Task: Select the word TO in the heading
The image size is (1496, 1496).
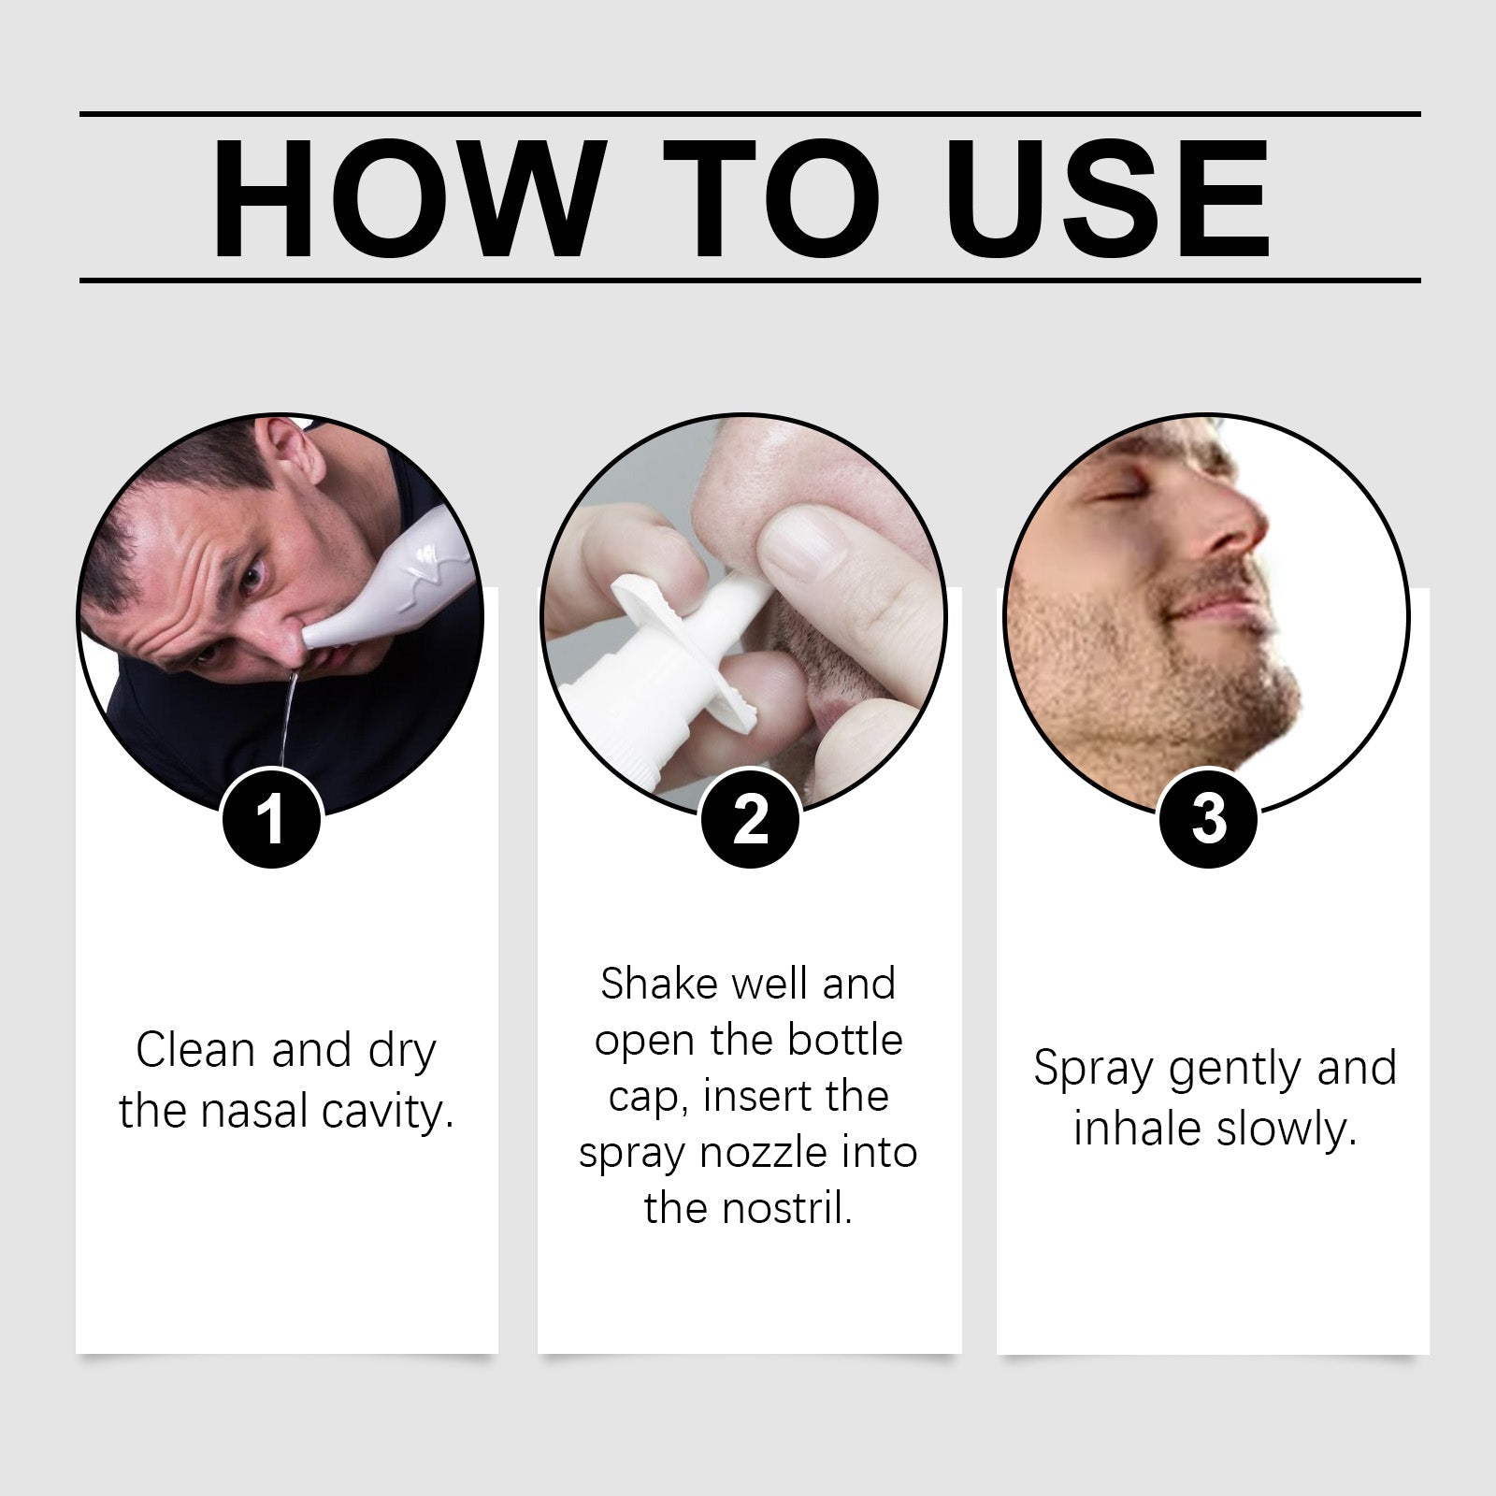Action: (771, 198)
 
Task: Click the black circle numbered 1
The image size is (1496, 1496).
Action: (271, 819)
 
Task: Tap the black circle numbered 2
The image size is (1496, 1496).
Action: (750, 819)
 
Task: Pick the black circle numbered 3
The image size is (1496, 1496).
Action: (1208, 819)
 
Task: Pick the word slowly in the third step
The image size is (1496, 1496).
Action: (1287, 1129)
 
